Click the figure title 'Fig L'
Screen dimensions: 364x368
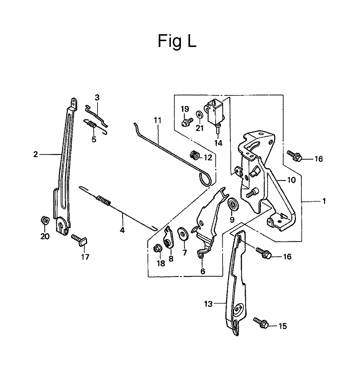coord(177,41)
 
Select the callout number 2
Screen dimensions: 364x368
coord(36,154)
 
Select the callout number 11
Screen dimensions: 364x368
coord(158,120)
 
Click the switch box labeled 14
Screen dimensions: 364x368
coord(215,112)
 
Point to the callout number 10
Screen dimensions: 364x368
coord(292,180)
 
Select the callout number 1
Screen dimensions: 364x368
coord(324,201)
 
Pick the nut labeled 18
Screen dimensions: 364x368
coord(157,248)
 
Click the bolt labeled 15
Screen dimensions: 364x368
coord(261,323)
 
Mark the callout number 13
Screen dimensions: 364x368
coord(209,304)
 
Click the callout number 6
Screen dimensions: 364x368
coord(203,271)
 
